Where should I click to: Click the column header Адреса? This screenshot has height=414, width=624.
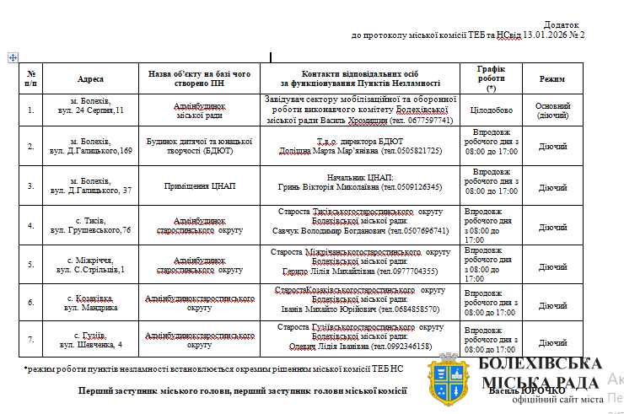(x=90, y=79)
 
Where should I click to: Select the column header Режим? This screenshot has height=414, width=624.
(x=552, y=79)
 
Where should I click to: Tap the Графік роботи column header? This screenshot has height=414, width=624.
(x=491, y=78)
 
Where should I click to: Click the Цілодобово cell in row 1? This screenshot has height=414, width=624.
(x=491, y=110)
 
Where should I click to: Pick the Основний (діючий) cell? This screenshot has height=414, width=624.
(x=552, y=110)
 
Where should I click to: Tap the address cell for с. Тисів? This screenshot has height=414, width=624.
(x=90, y=224)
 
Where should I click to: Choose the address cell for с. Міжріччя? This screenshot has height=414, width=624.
(x=90, y=265)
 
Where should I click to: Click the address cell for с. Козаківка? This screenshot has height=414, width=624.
(x=90, y=304)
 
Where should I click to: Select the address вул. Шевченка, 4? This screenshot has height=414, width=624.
(x=90, y=345)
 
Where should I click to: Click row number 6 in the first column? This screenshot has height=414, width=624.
(x=31, y=304)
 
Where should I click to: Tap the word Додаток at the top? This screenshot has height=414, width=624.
(x=562, y=25)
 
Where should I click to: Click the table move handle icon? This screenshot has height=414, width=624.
(x=13, y=57)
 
